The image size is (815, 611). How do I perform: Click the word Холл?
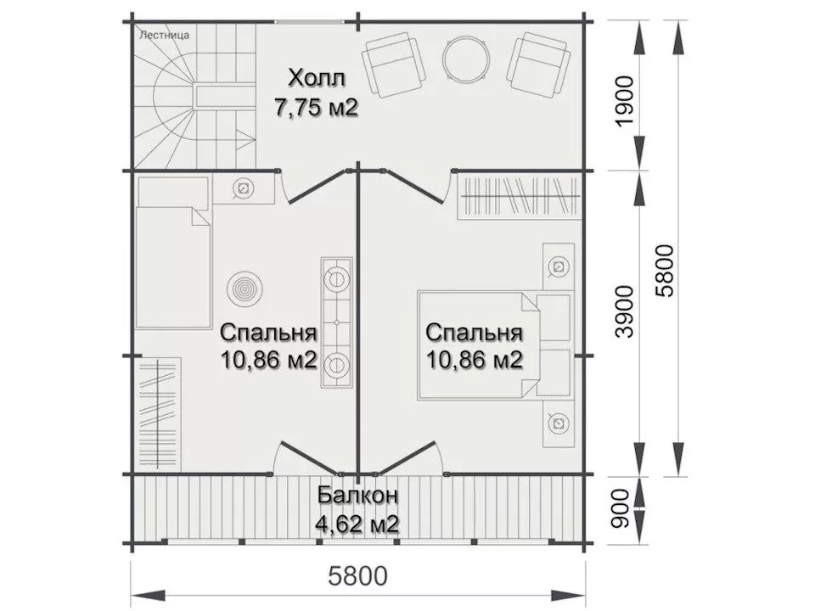[317, 80]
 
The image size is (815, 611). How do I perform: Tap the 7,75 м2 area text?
[316, 108]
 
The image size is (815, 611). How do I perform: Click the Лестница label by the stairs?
[165, 36]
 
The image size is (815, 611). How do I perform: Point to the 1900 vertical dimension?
[624, 100]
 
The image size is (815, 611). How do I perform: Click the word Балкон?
[357, 496]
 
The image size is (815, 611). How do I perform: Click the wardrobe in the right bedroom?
[519, 195]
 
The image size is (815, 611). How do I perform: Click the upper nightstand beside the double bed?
[558, 267]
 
